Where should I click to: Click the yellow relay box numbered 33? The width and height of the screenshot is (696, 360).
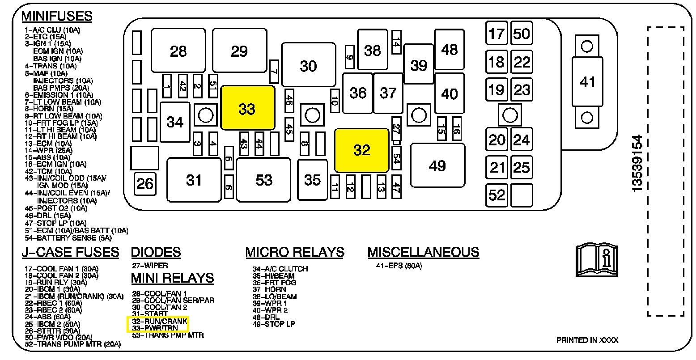point(248,107)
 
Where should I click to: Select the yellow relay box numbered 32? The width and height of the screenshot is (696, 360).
point(362,150)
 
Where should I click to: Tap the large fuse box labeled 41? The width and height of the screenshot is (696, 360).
point(587,82)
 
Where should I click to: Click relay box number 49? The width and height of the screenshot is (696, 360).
point(437,165)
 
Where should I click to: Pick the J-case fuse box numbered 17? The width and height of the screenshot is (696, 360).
point(496,33)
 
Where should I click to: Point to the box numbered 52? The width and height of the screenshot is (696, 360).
point(496,195)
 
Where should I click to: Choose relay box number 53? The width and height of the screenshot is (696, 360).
point(263,180)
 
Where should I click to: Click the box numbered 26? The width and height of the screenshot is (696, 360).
point(145,183)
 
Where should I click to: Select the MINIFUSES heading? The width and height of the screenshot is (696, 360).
point(57,16)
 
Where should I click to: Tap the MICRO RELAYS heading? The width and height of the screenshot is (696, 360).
point(295,252)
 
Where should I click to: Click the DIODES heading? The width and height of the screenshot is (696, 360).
point(156,252)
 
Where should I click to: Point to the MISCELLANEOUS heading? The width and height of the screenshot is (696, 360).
point(423,252)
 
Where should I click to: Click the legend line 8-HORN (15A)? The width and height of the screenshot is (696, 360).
point(49,109)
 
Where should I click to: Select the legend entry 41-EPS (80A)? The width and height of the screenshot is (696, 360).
point(399,266)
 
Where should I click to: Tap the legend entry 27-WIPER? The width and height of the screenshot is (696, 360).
point(150,266)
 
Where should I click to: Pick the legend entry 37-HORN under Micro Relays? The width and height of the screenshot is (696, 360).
point(269,289)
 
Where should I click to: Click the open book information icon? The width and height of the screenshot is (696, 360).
point(597,260)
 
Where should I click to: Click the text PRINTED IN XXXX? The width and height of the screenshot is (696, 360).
point(587,340)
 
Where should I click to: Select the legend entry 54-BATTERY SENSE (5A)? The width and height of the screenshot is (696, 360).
point(68,238)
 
